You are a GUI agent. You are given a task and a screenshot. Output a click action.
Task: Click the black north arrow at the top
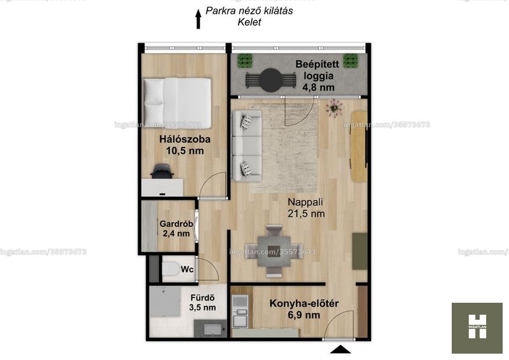(198, 19)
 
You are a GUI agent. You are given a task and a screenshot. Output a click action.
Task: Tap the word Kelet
(249, 22)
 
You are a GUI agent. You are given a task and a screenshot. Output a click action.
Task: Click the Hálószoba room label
(185, 139)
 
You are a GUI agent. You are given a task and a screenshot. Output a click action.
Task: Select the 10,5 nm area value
(185, 151)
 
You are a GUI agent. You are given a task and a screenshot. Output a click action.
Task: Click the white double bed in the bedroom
(177, 103)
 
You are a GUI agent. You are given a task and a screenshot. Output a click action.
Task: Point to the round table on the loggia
(271, 80)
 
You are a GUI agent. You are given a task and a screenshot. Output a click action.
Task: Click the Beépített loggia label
(317, 70)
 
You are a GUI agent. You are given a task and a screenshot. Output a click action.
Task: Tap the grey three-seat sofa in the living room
(247, 146)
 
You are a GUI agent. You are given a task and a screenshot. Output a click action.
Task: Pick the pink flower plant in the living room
(334, 107)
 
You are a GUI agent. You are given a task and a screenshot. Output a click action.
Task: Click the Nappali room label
(305, 202)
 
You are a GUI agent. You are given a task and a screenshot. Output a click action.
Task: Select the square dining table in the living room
(274, 251)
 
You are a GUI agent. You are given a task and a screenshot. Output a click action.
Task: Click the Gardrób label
(176, 224)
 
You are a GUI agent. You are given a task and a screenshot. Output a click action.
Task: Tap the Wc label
(187, 269)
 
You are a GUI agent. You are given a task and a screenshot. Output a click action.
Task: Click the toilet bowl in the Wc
(171, 269)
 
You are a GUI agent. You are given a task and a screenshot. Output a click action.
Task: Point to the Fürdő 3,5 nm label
(202, 303)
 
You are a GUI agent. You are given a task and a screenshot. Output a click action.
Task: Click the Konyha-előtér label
(304, 303)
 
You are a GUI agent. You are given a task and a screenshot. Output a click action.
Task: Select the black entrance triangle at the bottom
(340, 349)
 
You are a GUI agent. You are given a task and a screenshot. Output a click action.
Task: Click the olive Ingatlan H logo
(477, 328)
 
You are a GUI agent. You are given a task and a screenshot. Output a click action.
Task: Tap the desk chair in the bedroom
(162, 171)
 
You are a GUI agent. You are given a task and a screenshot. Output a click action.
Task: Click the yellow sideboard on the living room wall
(359, 146)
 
